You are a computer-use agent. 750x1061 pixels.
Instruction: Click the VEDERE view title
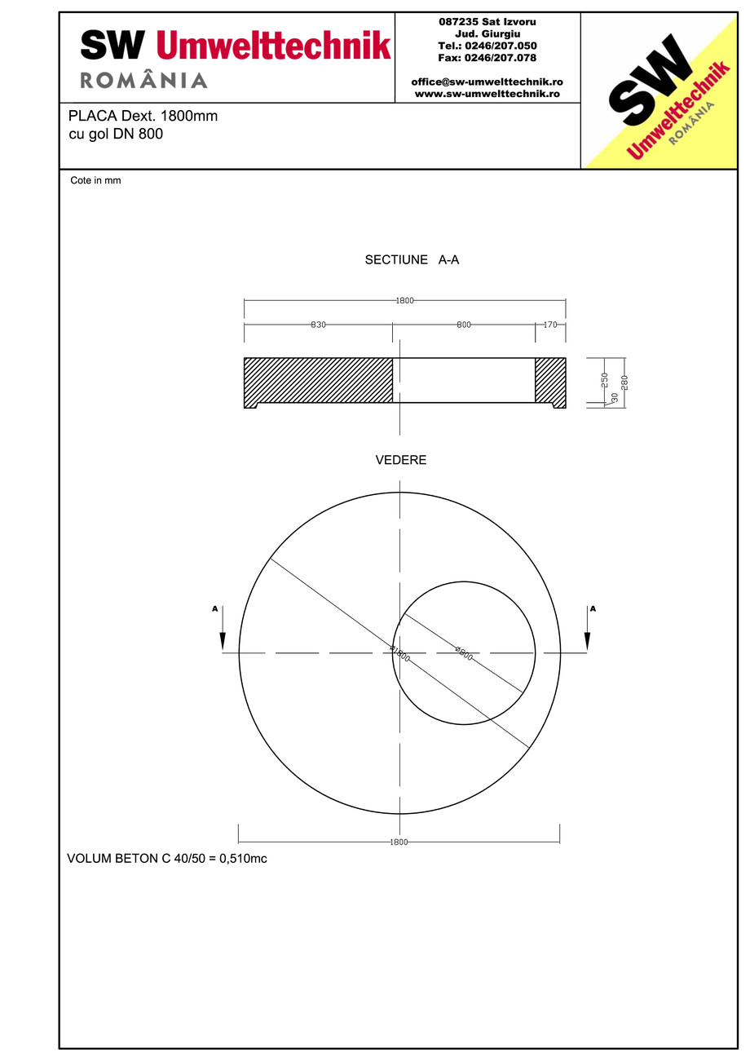coord(400,460)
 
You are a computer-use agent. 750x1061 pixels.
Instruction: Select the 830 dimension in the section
coord(318,325)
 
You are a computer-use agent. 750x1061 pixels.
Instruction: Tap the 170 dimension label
coord(550,325)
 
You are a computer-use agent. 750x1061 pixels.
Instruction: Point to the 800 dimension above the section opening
coord(464,325)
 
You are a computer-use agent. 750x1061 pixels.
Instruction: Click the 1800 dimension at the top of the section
coord(405,301)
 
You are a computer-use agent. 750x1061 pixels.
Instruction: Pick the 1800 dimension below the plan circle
coord(399,842)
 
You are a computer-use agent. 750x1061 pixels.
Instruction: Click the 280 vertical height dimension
coord(624,382)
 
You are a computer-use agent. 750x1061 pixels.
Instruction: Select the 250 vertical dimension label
coord(605,380)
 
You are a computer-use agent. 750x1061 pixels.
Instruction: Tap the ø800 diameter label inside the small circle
coord(464,652)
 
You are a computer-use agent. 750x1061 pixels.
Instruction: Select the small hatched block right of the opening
coord(550,380)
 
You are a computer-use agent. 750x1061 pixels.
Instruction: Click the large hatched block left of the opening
coord(318,380)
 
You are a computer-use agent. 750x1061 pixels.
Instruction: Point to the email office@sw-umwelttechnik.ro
coord(487,82)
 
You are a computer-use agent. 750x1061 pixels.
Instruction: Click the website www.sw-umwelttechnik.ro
coord(487,94)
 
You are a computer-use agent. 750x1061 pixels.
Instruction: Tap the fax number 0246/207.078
coord(487,58)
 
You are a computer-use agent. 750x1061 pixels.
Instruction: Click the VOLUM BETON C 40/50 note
coord(167,859)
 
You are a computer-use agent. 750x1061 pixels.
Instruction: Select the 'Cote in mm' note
coord(95,181)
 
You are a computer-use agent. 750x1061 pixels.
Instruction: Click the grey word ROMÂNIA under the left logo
coord(143,80)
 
